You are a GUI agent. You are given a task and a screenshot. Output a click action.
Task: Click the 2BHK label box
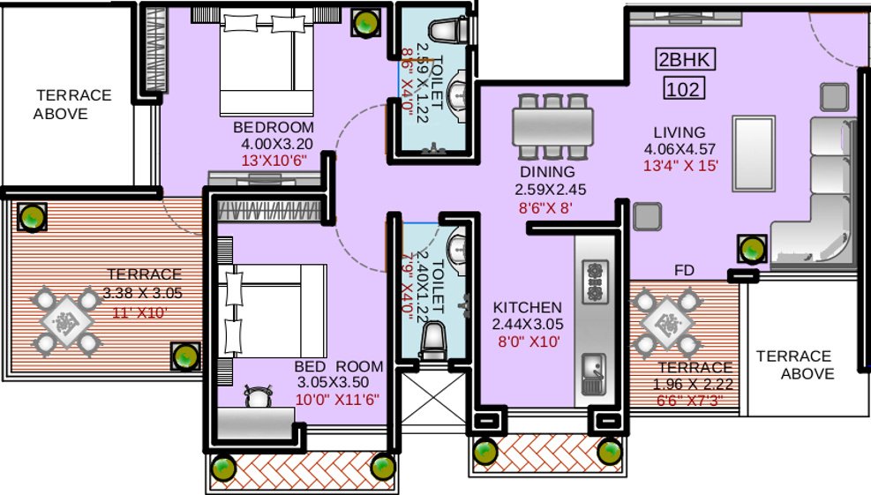[x=685, y=60]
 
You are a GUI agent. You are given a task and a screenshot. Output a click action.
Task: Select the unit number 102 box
[x=685, y=89]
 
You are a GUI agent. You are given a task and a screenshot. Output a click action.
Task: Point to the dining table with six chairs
[x=552, y=123]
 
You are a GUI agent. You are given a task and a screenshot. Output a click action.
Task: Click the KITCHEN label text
[x=527, y=307]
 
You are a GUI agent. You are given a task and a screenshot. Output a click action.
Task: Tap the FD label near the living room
[x=684, y=268]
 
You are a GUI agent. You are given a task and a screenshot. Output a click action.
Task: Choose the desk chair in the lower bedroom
[x=257, y=398]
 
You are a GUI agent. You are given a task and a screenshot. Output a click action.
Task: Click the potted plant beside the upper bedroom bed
[x=363, y=23]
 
